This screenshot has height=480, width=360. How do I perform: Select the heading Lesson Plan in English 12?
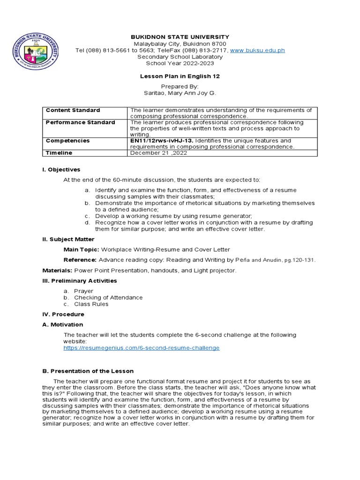(180, 76)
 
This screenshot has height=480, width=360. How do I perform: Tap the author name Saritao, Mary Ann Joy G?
(180, 93)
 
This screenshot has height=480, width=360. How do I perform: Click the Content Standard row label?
(73, 110)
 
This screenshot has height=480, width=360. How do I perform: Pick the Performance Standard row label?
(80, 122)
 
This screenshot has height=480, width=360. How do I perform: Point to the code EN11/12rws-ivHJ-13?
(161, 141)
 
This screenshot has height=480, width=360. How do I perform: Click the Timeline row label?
(59, 153)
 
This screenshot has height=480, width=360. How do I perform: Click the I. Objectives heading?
(61, 170)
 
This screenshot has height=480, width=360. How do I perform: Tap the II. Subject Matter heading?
(68, 239)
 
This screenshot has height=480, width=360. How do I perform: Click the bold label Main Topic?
(80, 249)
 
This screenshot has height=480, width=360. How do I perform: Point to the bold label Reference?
(80, 260)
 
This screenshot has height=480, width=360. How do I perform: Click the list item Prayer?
(83, 291)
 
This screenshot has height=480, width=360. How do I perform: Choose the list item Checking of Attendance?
(108, 298)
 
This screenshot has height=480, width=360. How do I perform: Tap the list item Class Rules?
(91, 304)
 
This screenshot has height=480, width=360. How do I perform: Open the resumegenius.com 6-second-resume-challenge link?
(142, 348)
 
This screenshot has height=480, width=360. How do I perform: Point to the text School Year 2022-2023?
(180, 63)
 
